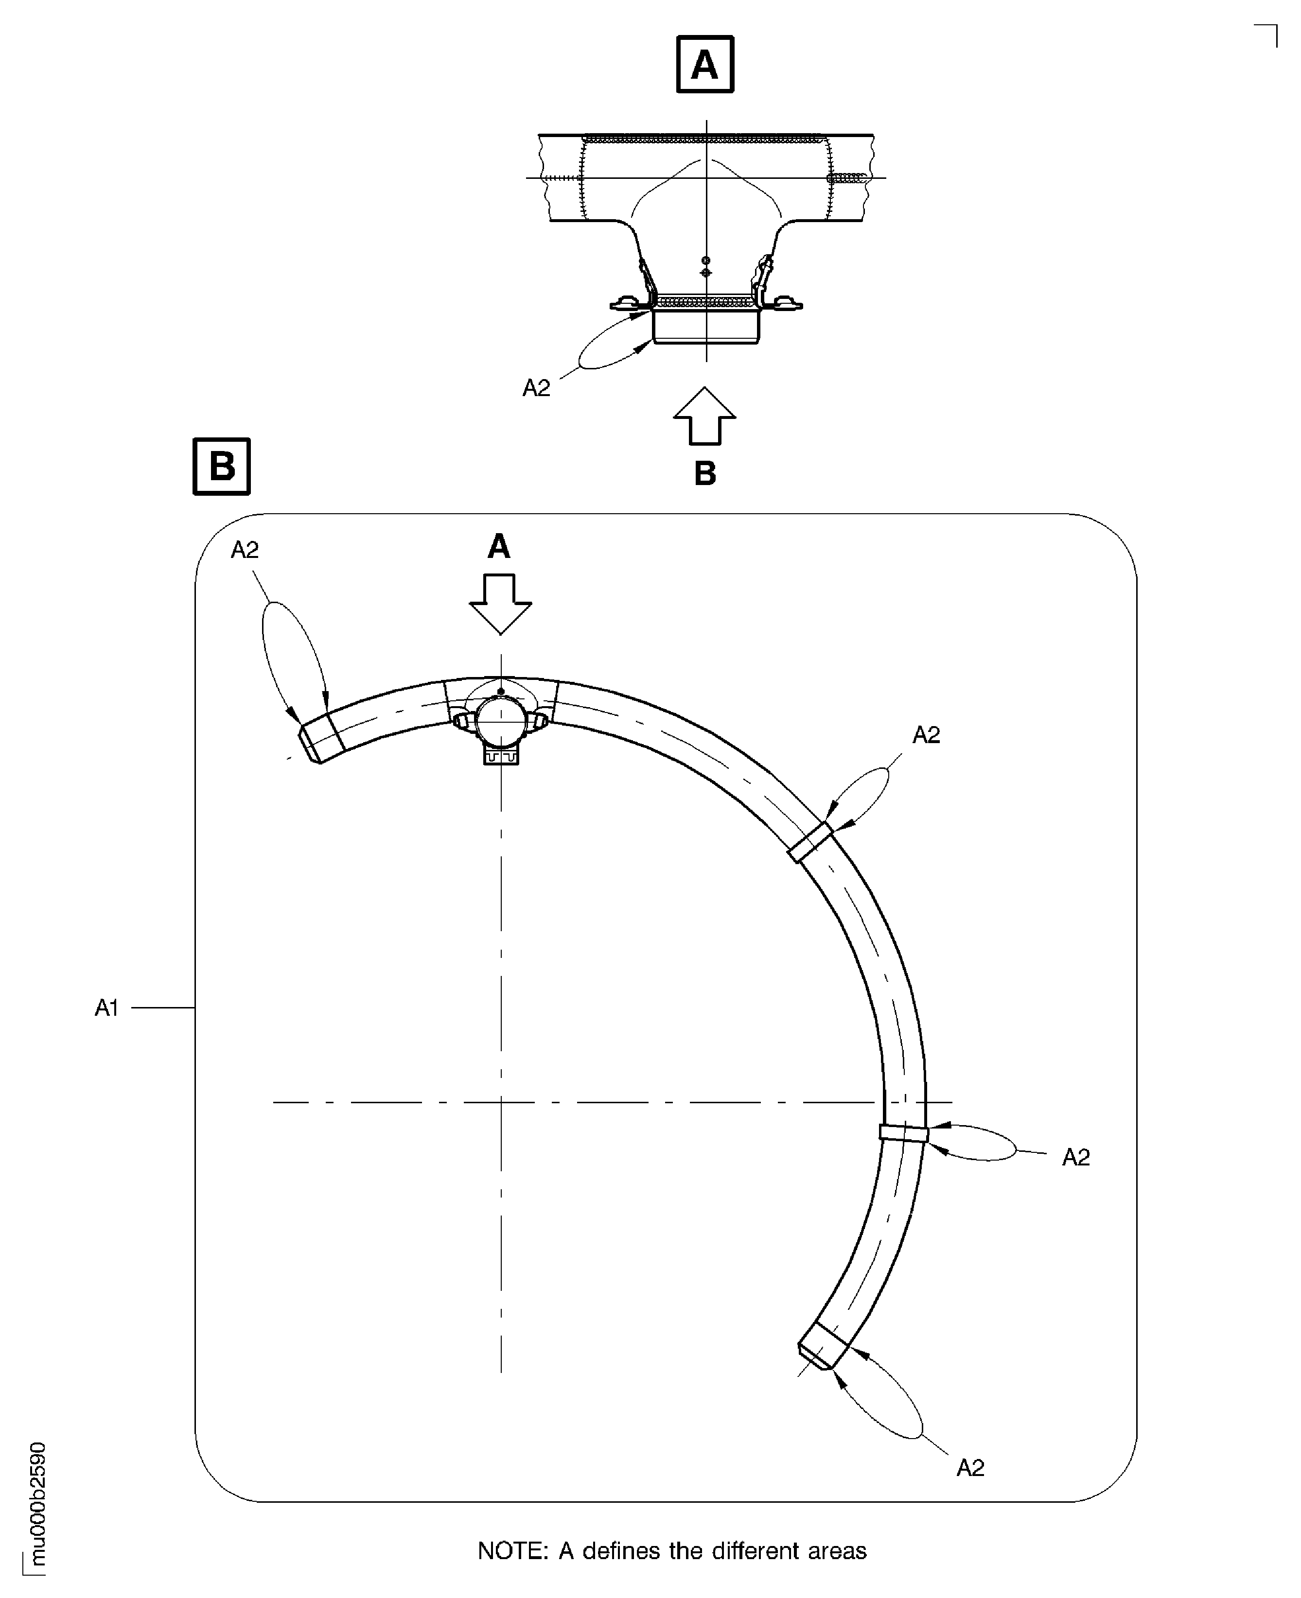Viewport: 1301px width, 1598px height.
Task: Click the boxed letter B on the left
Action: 222,466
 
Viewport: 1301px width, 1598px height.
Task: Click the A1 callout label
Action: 107,1008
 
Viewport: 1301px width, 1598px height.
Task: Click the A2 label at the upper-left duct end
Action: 245,550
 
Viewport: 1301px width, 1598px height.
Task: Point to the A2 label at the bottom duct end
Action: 970,1468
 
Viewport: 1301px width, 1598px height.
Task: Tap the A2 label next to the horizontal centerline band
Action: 1075,1158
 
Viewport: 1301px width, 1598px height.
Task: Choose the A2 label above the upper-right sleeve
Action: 926,735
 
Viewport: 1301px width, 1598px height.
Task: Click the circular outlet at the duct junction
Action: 500,719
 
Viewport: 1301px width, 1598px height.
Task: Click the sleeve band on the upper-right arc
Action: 811,842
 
